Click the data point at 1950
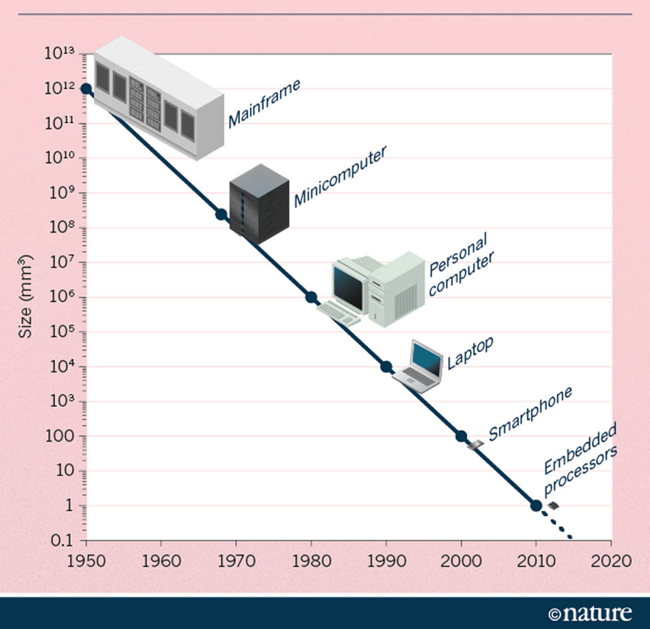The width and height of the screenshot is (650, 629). click(86, 89)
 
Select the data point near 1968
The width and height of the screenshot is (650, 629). click(221, 214)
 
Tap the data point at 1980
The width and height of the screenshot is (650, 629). click(311, 297)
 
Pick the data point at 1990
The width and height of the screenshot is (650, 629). click(386, 367)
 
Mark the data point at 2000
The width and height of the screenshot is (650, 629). click(461, 436)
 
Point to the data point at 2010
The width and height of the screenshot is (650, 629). click(536, 506)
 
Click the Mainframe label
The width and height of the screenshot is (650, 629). click(264, 103)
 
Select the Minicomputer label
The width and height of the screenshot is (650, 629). click(340, 176)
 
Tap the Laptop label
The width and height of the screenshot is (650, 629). click(470, 354)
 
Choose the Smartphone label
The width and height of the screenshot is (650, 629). click(531, 414)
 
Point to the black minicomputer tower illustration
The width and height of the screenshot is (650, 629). click(259, 203)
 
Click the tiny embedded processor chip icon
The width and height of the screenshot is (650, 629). click(553, 507)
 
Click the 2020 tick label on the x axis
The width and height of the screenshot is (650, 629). click(611, 560)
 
